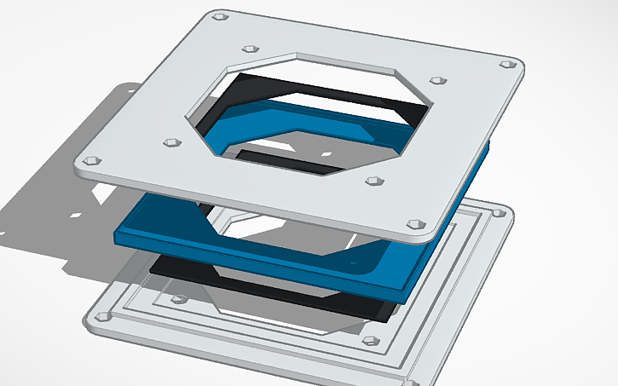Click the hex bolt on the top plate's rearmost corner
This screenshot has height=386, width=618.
[221, 15]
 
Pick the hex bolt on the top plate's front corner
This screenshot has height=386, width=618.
[415, 223]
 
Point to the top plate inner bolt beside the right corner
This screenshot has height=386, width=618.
[438, 80]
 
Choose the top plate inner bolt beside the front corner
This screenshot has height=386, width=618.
[373, 181]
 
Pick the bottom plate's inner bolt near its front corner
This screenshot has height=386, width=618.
[370, 341]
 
